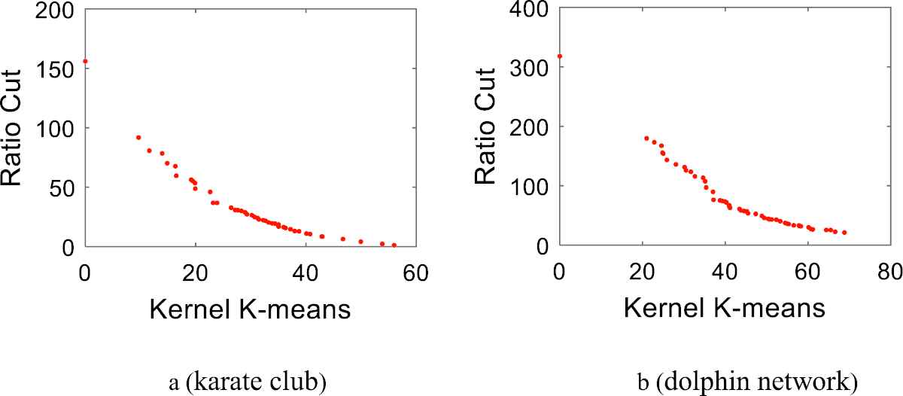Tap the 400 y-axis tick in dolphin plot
532,9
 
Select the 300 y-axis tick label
532,68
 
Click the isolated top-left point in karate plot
85,61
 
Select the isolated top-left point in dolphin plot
559,56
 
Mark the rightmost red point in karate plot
394,245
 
